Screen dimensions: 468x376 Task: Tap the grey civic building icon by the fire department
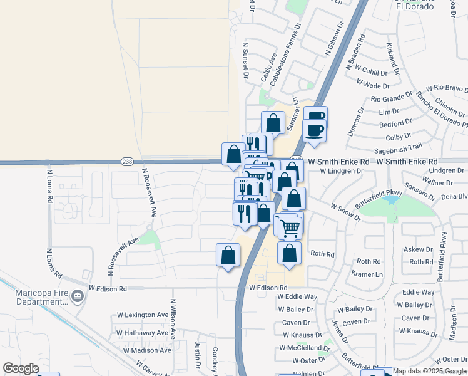78,295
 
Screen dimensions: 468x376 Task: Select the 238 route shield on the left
126,160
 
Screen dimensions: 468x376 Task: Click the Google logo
21,368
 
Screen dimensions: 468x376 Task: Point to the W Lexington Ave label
143,315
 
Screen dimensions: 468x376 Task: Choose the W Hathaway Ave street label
143,333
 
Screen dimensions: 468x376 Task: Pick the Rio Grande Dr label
392,99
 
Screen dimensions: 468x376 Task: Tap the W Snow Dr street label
346,212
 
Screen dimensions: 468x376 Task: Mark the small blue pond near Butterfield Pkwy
390,201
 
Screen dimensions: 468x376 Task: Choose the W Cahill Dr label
372,71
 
